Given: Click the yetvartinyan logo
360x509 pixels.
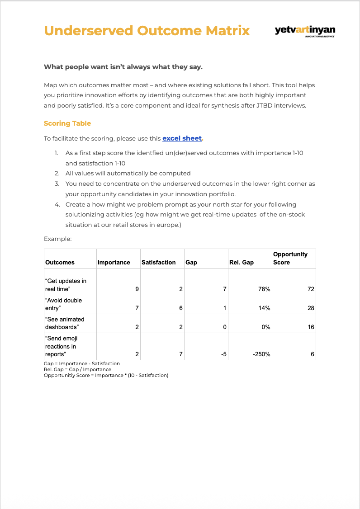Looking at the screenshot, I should [305, 31].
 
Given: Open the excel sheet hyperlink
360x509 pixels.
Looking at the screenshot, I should [182, 138].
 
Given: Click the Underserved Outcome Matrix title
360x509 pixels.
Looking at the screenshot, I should [147, 30].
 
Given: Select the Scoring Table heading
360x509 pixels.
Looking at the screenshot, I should [67, 123].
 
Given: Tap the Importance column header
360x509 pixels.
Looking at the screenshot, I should [114, 262].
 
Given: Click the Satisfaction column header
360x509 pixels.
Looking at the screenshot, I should [158, 262].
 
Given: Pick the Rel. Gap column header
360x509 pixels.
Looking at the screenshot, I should [242, 262].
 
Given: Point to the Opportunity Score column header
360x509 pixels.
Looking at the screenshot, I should [290, 258].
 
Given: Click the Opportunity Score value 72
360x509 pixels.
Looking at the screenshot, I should [311, 289].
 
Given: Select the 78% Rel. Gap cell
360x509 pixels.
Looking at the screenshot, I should [264, 289].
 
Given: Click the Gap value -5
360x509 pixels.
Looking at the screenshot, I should [223, 354].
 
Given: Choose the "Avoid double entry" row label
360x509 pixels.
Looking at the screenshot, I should [64, 304].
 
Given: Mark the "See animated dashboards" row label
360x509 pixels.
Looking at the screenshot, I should [65, 323].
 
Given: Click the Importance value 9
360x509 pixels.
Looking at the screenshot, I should [137, 289].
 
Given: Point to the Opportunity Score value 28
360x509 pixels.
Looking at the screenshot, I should [311, 308].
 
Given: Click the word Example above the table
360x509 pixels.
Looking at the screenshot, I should [57, 239].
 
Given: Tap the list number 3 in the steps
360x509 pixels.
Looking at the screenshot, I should [57, 184].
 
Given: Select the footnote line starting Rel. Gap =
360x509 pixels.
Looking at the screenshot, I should [77, 369].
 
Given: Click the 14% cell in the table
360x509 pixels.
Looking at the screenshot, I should [265, 308].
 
